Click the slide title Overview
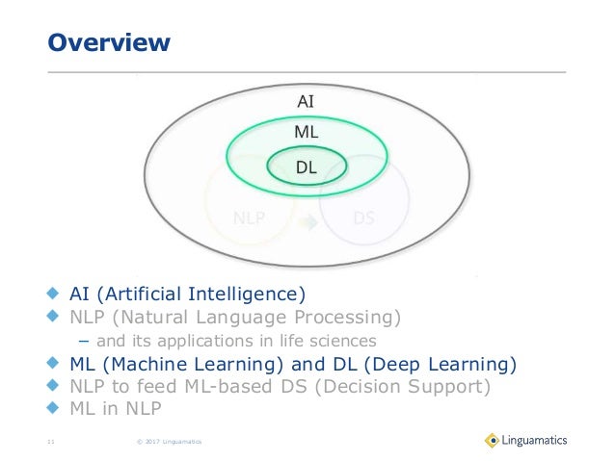coord(110,43)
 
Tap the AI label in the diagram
coord(305,101)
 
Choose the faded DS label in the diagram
coord(363,218)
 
